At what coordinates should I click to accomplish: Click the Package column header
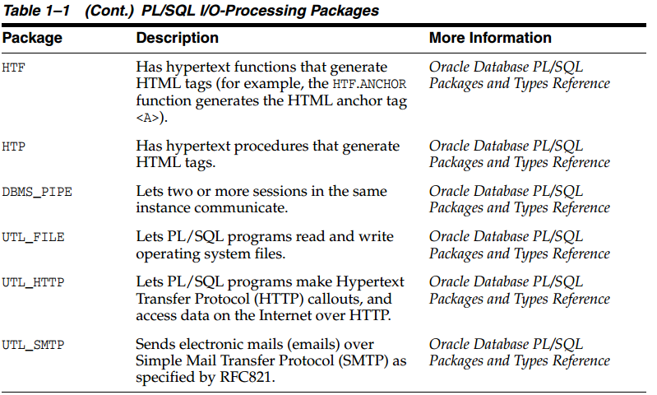(32, 38)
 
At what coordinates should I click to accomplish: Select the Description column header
(178, 38)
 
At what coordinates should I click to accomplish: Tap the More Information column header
(490, 38)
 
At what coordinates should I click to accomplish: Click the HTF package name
(13, 67)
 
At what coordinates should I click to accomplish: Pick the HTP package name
(13, 146)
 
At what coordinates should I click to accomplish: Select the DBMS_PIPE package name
(37, 192)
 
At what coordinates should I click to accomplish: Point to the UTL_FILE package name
(33, 237)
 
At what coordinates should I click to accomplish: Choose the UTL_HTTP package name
(33, 282)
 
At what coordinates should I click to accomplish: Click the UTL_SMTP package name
(33, 345)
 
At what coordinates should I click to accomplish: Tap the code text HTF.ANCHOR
(369, 84)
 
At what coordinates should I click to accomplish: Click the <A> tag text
(148, 118)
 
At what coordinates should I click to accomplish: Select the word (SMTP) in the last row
(363, 360)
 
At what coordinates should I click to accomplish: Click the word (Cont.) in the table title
(109, 11)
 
